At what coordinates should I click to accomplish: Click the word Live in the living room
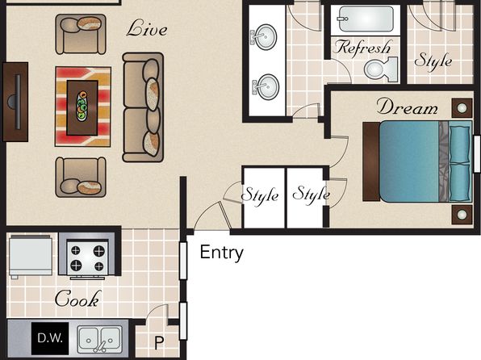point(147,29)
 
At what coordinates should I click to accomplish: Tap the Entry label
point(221,253)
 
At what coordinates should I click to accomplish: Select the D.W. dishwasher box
point(50,338)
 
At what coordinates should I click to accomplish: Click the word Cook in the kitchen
point(77,299)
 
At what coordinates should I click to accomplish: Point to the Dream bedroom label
point(408,107)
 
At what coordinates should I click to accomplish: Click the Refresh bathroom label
point(363,48)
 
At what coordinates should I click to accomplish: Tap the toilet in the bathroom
point(381,69)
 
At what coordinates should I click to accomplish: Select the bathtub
point(366,19)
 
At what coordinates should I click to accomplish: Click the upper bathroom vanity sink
point(266,37)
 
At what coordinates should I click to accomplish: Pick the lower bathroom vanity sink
point(267,87)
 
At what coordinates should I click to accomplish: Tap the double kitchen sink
point(99,340)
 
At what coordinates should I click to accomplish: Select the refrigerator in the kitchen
point(31,255)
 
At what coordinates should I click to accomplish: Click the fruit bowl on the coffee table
point(82,106)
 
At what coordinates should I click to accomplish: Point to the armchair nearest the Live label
point(81,34)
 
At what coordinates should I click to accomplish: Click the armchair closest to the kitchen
point(81,177)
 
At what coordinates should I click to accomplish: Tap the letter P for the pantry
point(159,343)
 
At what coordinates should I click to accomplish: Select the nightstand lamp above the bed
point(462,108)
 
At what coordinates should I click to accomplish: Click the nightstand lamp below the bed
point(462,215)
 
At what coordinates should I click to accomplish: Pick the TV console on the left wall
point(15,102)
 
